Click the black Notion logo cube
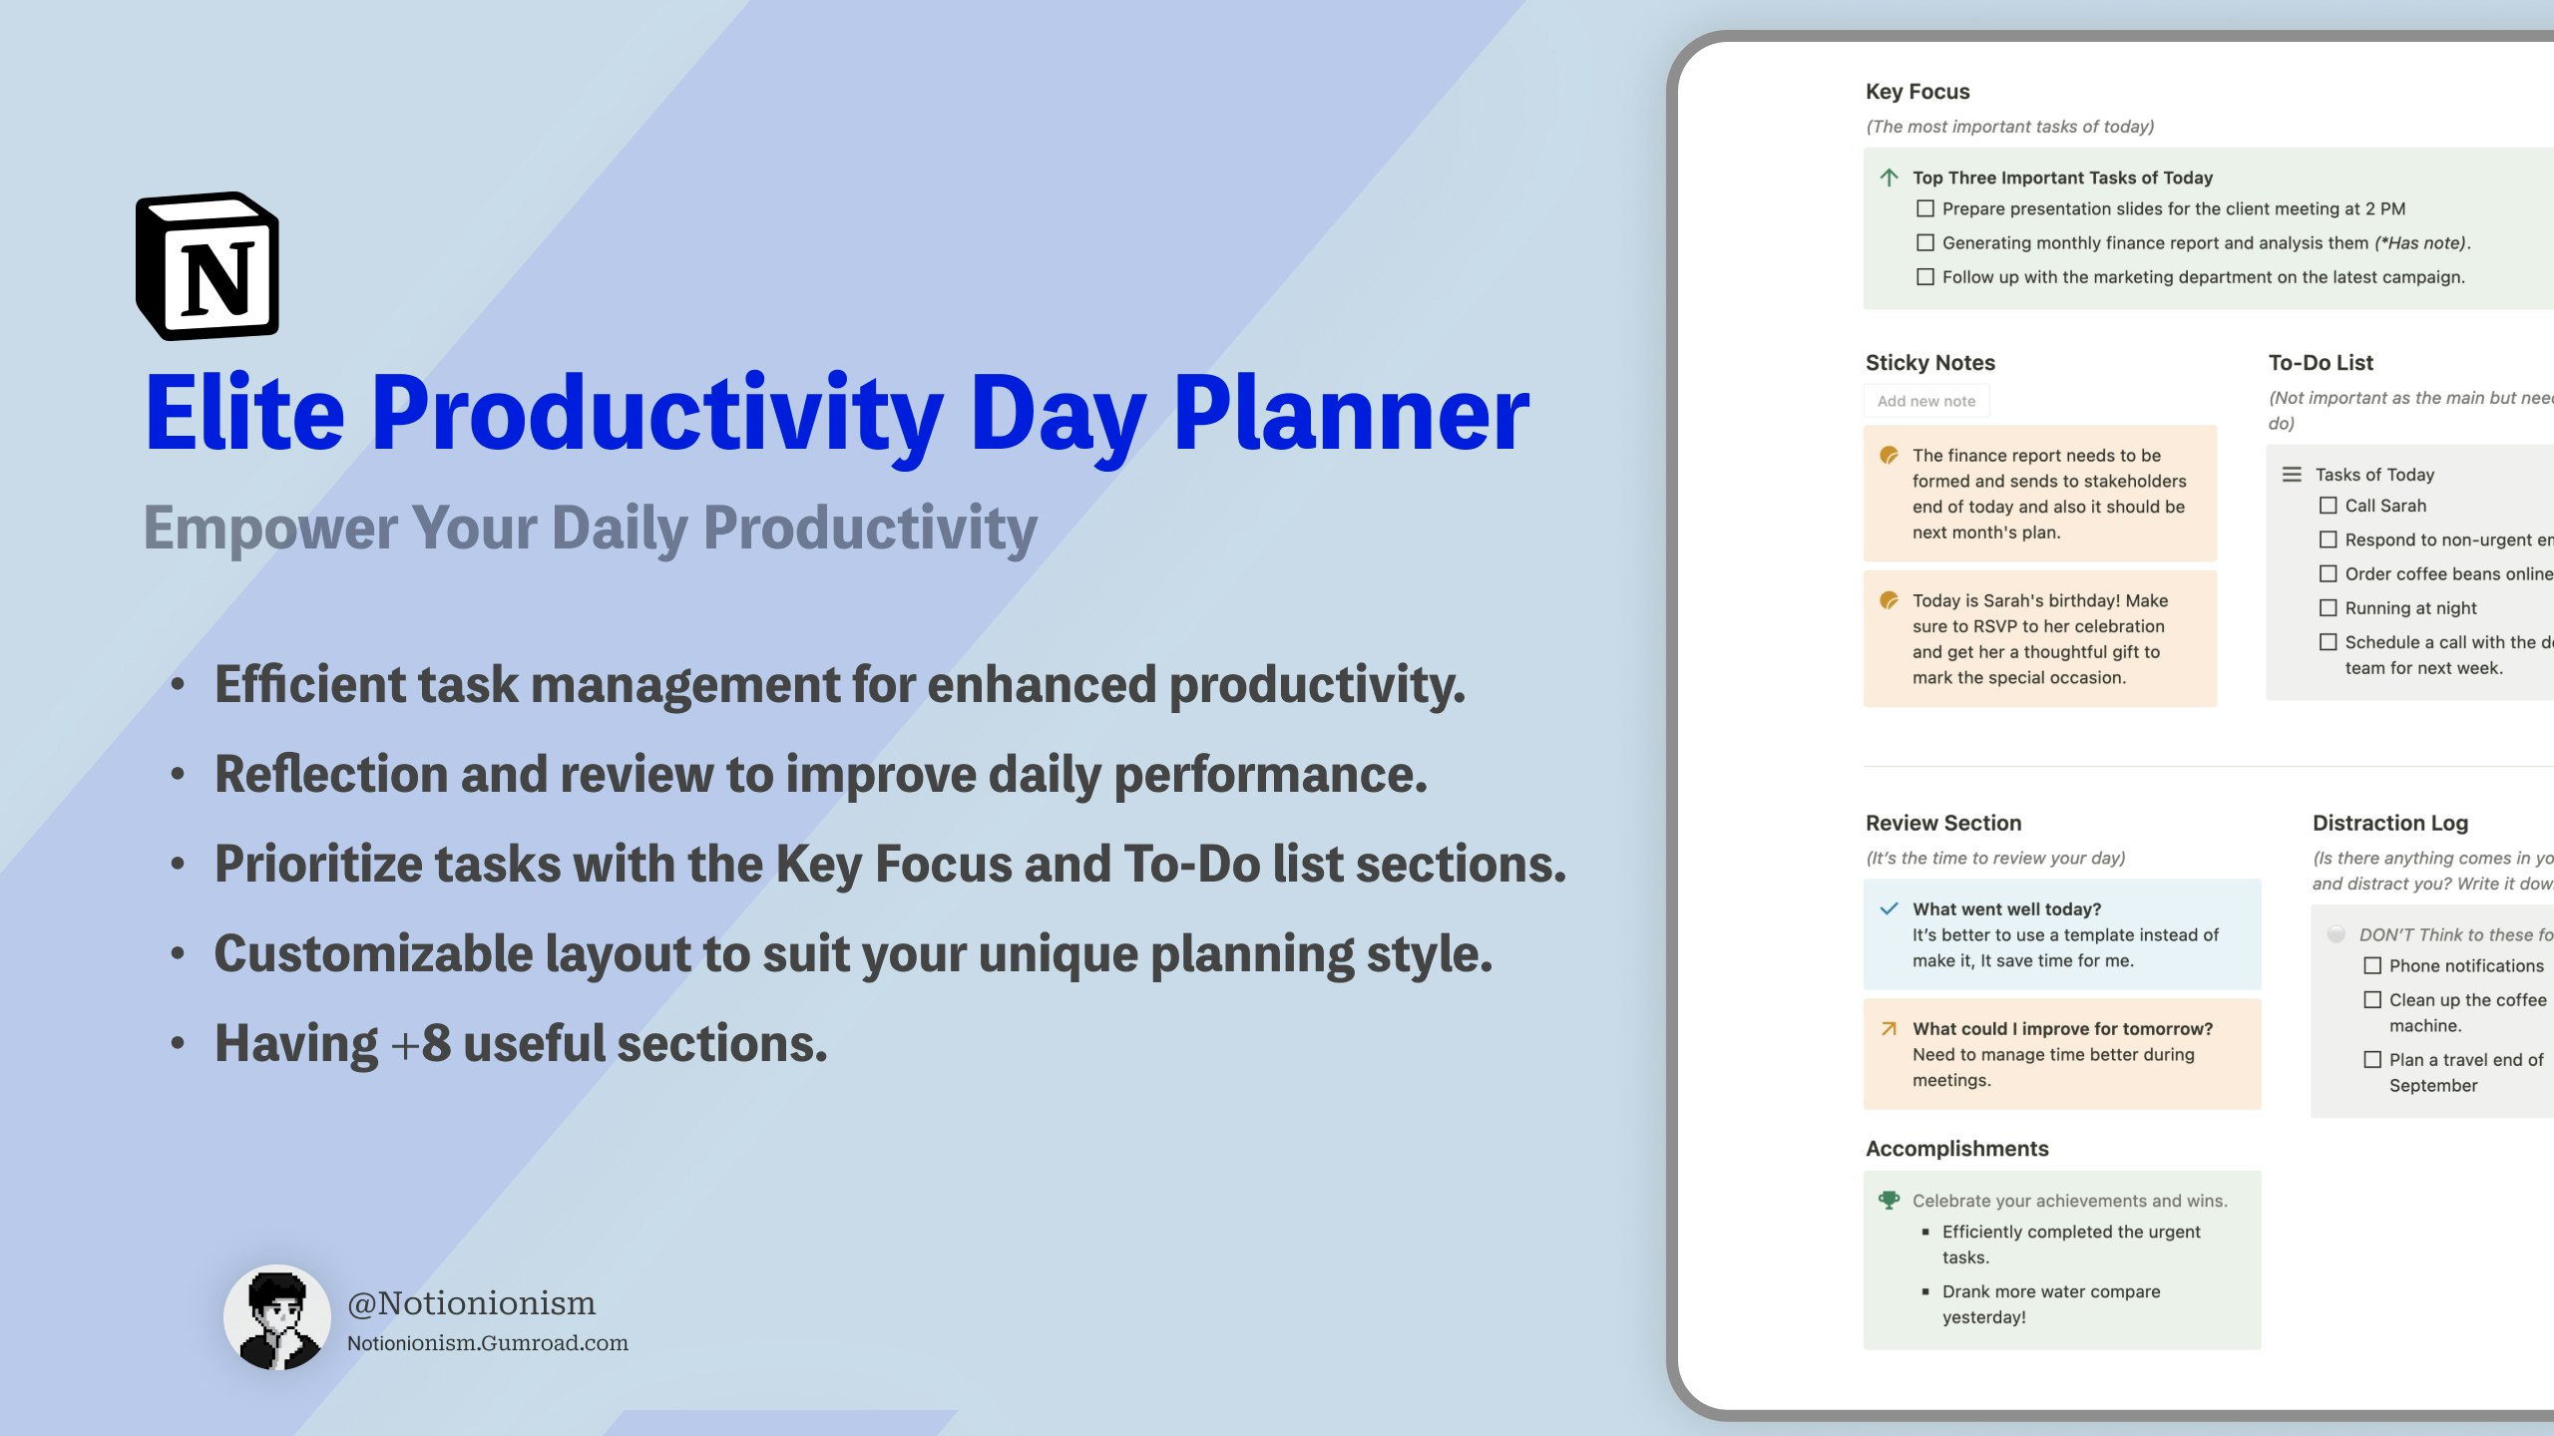click(208, 266)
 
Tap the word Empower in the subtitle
click(269, 529)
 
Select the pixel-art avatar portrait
click(277, 1317)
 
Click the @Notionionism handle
click(471, 1303)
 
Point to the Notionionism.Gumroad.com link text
click(487, 1343)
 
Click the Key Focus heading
click(1916, 92)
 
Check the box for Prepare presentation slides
click(1925, 208)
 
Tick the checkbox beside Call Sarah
click(2328, 506)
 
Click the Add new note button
click(1925, 401)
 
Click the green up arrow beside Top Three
click(1889, 178)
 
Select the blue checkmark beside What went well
click(1889, 908)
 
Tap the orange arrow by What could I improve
click(1889, 1028)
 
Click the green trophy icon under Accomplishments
click(1889, 1200)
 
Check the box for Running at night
click(2328, 607)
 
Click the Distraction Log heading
click(2389, 823)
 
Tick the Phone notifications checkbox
click(2372, 965)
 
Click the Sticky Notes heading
click(1929, 363)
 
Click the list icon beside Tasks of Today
click(2292, 475)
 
